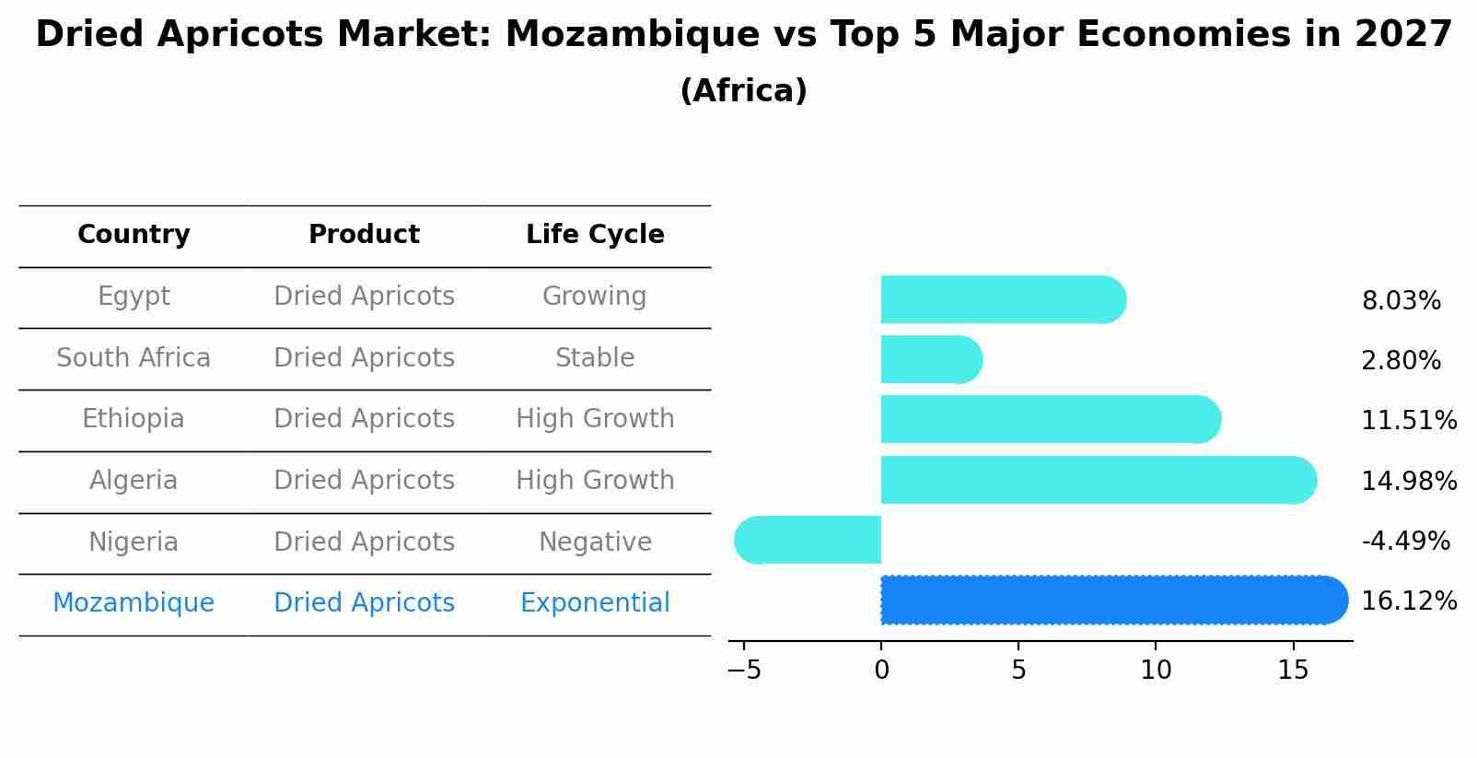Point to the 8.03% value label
tap(1401, 301)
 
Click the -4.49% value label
tap(1405, 541)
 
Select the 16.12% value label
tap(1409, 601)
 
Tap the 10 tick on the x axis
tap(1156, 671)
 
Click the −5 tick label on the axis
tap(744, 671)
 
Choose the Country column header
tap(134, 235)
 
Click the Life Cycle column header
tap(595, 235)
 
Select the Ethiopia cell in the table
tap(134, 419)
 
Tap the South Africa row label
tap(134, 357)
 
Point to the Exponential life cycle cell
tap(595, 603)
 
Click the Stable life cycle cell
tap(595, 357)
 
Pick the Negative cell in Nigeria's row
tap(595, 542)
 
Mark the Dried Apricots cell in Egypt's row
tap(364, 297)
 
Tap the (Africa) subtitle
tap(743, 91)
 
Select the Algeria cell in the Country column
tap(134, 481)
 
